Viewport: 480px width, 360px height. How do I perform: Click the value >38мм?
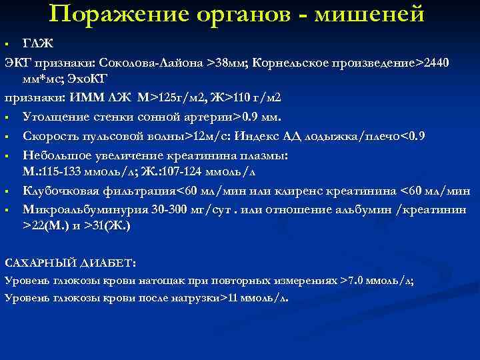(x=227, y=63)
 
